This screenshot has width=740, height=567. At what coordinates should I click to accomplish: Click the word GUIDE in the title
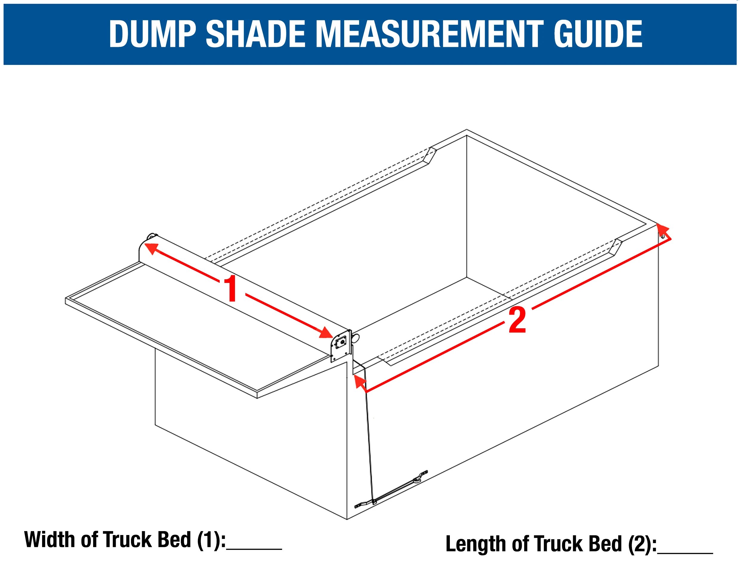(598, 34)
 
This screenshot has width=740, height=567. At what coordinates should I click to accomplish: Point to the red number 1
(231, 289)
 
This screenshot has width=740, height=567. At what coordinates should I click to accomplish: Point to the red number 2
(517, 320)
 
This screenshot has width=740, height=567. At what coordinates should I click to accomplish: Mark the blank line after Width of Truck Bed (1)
(254, 548)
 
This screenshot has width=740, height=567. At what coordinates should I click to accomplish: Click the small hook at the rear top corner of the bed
(663, 236)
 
